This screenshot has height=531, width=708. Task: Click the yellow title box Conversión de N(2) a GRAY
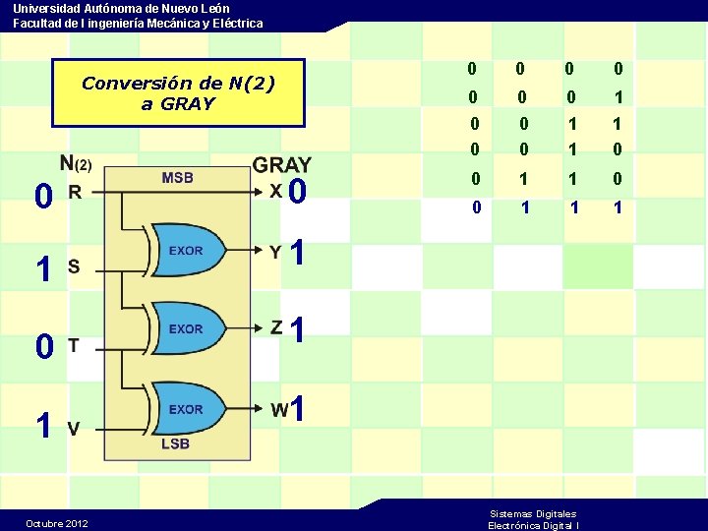tap(178, 93)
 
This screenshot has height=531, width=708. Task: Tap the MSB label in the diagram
tap(178, 178)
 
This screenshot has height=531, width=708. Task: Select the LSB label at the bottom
tap(175, 443)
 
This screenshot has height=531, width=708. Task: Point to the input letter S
tap(73, 266)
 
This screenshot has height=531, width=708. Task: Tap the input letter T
tap(73, 344)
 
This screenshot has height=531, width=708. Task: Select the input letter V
tap(73, 428)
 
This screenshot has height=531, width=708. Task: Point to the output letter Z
tap(277, 326)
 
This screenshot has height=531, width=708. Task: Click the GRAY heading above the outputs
tap(282, 165)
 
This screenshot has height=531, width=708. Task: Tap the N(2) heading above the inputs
tap(75, 163)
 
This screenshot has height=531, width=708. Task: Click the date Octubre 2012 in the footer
tap(56, 523)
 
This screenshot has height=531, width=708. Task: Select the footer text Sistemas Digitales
tap(533, 513)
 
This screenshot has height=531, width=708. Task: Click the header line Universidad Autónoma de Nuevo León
tap(121, 8)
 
